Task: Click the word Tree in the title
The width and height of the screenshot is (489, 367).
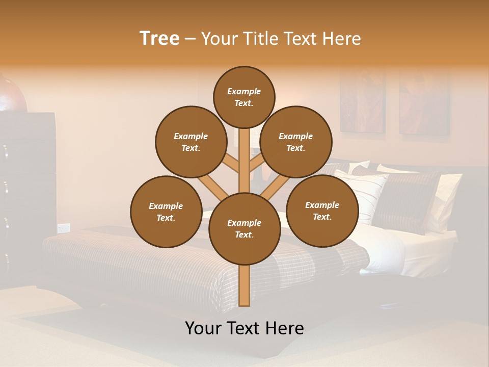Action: pyautogui.click(x=159, y=39)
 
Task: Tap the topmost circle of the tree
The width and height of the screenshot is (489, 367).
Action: pyautogui.click(x=244, y=97)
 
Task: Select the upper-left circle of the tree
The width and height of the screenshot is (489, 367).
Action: pyautogui.click(x=191, y=142)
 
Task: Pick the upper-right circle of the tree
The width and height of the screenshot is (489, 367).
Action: pyautogui.click(x=296, y=142)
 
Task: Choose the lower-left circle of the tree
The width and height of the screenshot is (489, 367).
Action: pyautogui.click(x=166, y=212)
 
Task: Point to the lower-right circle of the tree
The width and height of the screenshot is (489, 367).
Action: pyautogui.click(x=322, y=211)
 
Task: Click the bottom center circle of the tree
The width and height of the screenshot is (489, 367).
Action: pyautogui.click(x=244, y=228)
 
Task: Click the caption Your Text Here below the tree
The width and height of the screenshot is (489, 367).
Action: pyautogui.click(x=244, y=328)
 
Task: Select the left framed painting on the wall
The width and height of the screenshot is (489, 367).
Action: pyautogui.click(x=363, y=101)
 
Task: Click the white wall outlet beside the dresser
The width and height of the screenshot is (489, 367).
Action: pyautogui.click(x=64, y=228)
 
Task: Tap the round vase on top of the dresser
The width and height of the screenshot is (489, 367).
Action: pyautogui.click(x=11, y=95)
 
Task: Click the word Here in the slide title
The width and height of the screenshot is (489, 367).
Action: pyautogui.click(x=341, y=39)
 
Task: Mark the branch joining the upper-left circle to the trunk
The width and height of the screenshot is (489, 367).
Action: pyautogui.click(x=232, y=164)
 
